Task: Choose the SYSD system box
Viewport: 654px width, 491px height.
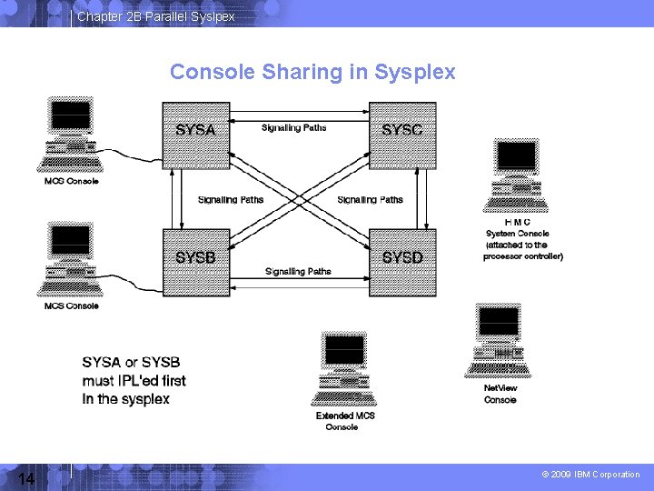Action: point(402,262)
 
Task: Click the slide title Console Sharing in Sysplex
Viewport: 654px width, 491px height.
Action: point(312,72)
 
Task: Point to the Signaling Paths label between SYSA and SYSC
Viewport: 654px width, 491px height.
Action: point(293,128)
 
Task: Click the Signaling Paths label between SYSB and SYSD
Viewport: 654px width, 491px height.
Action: point(298,271)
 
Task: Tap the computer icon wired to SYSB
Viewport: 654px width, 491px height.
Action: point(71,259)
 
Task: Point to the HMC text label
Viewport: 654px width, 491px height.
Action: point(517,222)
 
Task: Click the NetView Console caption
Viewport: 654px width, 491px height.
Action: point(500,394)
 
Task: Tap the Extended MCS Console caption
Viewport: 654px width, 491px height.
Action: point(345,421)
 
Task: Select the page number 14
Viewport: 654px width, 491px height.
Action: point(25,479)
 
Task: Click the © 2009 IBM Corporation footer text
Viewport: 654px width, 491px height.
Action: point(590,475)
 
